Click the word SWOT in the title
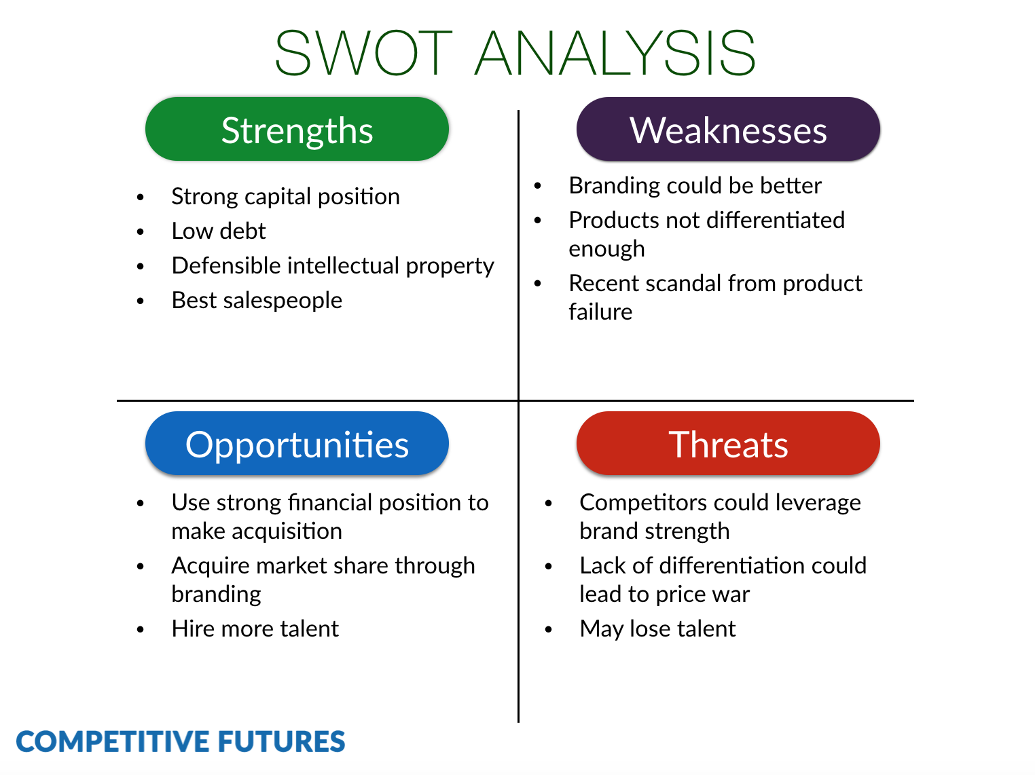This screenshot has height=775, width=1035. tap(363, 53)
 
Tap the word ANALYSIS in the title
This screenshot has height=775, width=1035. tap(615, 53)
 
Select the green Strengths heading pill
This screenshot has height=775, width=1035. tap(297, 130)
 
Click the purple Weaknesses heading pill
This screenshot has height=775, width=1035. tap(728, 130)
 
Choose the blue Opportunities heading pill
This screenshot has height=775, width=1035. tap(297, 444)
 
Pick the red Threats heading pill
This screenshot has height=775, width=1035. tap(728, 444)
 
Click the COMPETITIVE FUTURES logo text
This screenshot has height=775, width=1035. tap(181, 742)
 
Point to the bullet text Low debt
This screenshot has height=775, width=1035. tap(218, 231)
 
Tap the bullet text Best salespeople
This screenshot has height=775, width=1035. tap(257, 300)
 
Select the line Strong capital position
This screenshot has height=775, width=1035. tap(285, 197)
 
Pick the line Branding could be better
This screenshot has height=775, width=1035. tap(695, 185)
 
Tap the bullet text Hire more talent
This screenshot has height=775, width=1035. tap(255, 628)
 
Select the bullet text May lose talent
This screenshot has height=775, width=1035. tap(657, 628)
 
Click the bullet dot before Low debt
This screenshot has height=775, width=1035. tap(141, 232)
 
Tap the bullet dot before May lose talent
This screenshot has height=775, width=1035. tap(549, 630)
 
